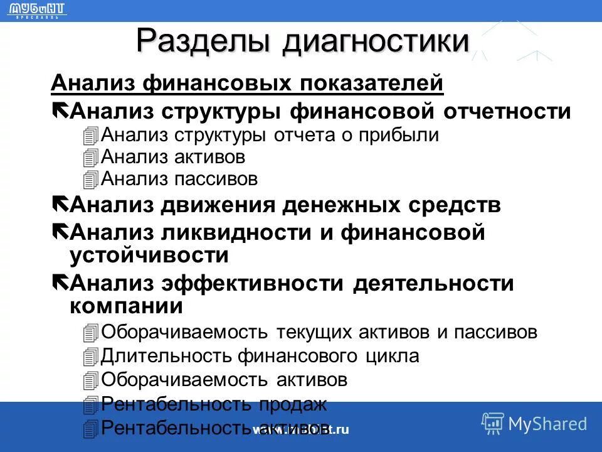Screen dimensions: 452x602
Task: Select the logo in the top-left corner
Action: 38,10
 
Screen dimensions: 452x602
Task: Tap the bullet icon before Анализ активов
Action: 90,157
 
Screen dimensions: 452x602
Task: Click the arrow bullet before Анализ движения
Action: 61,204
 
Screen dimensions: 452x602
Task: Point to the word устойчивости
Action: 149,256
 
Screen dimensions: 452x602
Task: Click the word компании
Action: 126,306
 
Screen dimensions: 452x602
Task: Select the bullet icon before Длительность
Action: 90,357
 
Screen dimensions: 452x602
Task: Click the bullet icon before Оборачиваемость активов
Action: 90,380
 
